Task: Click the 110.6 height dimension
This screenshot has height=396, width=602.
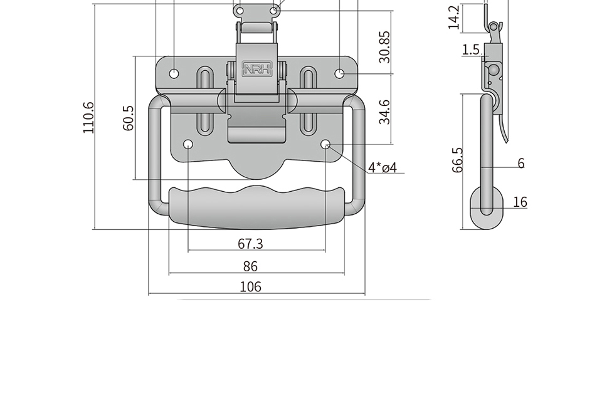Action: [x=88, y=117]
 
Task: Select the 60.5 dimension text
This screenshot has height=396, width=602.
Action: [x=129, y=118]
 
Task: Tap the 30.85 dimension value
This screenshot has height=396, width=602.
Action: [x=384, y=47]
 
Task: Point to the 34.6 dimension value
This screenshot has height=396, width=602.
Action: [x=384, y=112]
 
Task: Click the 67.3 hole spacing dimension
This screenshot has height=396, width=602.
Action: [x=250, y=244]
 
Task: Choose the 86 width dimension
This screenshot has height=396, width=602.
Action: [x=250, y=266]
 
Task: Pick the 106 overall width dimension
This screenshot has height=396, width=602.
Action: [x=250, y=286]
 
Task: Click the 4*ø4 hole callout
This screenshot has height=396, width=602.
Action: [x=383, y=167]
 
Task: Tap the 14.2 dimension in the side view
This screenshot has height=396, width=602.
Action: [x=454, y=18]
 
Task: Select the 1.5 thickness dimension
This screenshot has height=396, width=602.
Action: [x=471, y=49]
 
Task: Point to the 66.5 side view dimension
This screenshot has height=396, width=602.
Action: [x=458, y=160]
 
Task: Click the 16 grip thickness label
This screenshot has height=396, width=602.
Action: [x=520, y=202]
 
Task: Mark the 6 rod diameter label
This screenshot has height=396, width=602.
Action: [x=521, y=163]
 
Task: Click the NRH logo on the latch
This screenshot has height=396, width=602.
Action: [x=257, y=69]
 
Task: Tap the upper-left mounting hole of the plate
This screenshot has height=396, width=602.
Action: [x=174, y=73]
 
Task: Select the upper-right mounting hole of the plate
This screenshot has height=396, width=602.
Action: [x=339, y=73]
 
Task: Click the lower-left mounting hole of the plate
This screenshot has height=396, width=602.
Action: [x=188, y=144]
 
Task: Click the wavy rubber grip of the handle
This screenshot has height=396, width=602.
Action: [x=257, y=207]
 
